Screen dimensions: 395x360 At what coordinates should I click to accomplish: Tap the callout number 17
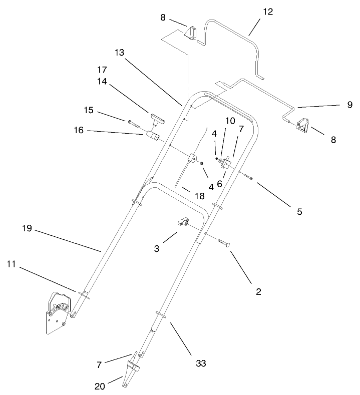point(102,69)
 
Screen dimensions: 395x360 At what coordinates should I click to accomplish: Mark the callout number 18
point(200,196)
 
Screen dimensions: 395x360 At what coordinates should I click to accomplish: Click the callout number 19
point(27,228)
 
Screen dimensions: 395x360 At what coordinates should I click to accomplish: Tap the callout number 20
point(101,386)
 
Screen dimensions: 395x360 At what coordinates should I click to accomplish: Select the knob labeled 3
point(182,222)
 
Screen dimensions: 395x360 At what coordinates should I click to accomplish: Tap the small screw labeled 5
point(248,176)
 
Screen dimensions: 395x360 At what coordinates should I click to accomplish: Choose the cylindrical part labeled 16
point(152,135)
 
